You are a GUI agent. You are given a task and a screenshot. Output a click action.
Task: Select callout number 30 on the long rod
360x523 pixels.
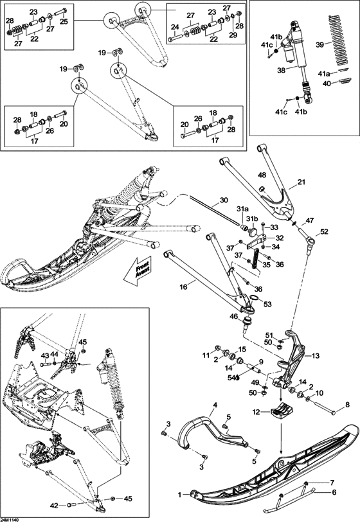(223, 200)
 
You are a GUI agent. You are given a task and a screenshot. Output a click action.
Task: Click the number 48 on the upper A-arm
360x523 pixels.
(262, 175)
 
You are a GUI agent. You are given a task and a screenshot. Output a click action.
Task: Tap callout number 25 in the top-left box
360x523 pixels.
(64, 21)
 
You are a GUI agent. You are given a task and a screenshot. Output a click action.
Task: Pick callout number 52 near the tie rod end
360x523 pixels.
(323, 231)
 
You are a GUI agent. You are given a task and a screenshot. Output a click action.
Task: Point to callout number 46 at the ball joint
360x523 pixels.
(232, 316)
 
